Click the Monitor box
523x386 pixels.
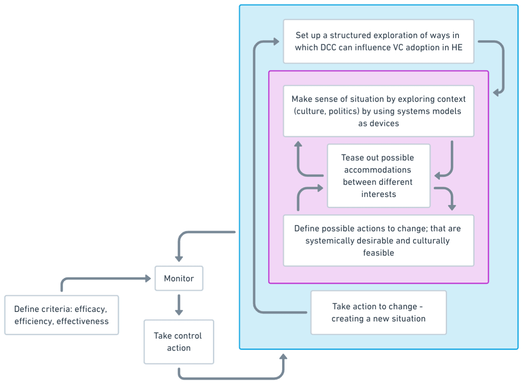(x=179, y=278)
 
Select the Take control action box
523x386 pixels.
(x=179, y=342)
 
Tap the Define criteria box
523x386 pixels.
(x=61, y=315)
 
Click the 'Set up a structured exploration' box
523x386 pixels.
(x=378, y=41)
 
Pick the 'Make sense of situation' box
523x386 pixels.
(x=378, y=111)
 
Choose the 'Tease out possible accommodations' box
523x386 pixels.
(x=378, y=176)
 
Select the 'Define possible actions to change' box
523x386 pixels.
(x=378, y=241)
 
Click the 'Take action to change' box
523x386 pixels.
(x=378, y=312)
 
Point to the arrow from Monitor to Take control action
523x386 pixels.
(x=179, y=305)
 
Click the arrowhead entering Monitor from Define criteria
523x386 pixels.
(x=148, y=279)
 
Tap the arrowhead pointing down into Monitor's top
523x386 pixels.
(x=179, y=259)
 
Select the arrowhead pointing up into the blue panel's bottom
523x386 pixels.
(x=283, y=357)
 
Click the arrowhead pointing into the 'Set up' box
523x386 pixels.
(x=276, y=42)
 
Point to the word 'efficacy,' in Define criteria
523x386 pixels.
(x=90, y=309)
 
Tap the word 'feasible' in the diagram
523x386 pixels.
(x=378, y=253)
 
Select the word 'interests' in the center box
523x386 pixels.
(x=378, y=194)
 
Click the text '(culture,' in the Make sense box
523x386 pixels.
(x=310, y=111)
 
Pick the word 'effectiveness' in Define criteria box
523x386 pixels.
(x=82, y=321)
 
